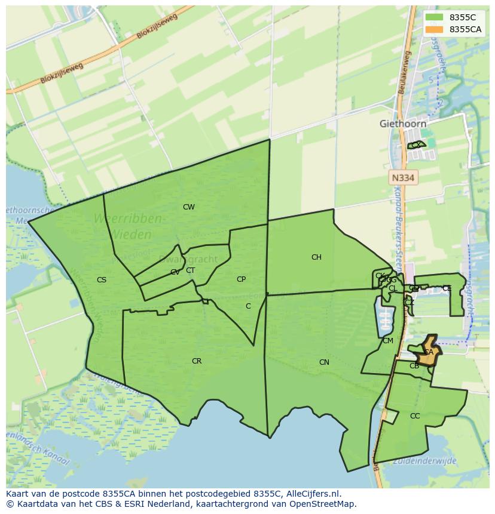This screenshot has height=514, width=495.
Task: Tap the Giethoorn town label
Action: pos(403,124)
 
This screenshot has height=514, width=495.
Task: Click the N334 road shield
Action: pos(403,178)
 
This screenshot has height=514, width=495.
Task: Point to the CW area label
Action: pos(189,207)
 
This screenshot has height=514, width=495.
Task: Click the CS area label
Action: pos(102,279)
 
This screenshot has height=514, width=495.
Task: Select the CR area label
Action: pos(197,361)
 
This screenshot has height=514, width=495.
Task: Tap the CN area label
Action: pos(324,362)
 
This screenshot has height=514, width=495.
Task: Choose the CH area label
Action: pos(316,257)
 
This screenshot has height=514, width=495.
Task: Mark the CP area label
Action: pos(241,279)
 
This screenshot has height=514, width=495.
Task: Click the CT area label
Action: pos(190,270)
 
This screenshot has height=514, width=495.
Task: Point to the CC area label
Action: pos(415,416)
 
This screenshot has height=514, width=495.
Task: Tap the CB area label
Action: pos(414,366)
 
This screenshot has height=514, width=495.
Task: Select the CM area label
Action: pos(388,341)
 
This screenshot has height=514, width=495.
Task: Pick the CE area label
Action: pos(447,288)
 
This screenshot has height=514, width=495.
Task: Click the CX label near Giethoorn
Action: pos(415,145)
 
